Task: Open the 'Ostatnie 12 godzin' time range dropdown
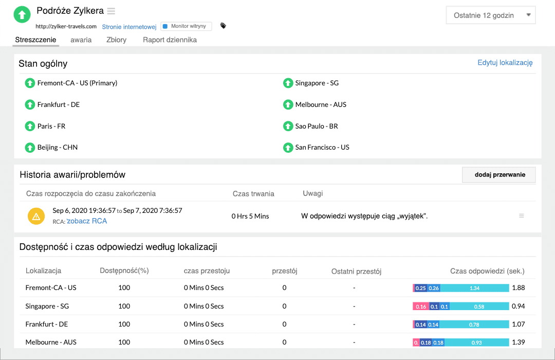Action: pos(490,15)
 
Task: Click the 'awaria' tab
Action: pos(81,40)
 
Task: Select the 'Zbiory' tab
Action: pos(116,40)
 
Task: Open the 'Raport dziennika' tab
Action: pos(170,40)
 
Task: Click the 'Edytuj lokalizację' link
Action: pos(505,63)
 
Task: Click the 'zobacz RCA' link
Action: pos(87,221)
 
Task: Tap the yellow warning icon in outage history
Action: pos(36,217)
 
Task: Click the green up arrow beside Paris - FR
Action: pos(30,126)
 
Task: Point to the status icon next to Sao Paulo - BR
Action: pos(288,126)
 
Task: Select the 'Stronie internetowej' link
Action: pos(129,27)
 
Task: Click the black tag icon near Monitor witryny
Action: pos(223,26)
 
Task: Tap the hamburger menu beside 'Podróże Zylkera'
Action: pos(111,11)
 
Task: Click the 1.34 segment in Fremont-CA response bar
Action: pos(474,288)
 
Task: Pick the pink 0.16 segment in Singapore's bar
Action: pos(421,307)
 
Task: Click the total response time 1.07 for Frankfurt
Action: pos(518,325)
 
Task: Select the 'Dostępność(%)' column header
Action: pos(124,271)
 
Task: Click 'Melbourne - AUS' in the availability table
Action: pos(51,342)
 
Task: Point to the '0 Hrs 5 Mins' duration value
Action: pos(250,216)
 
